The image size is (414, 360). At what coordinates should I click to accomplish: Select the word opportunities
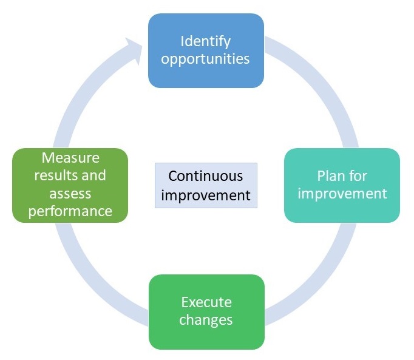coord(205,59)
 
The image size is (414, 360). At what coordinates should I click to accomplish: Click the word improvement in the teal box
coord(342,194)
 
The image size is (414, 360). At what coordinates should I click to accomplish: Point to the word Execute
coord(206,302)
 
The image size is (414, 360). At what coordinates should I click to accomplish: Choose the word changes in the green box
coord(206,320)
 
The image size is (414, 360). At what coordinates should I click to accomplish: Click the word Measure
coord(70,158)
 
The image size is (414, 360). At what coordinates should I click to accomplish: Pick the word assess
coord(70,194)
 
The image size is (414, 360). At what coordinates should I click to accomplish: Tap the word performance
coord(70,211)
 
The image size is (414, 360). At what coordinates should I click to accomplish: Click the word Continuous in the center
coord(206,176)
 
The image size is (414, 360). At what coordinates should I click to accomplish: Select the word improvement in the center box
coord(206,195)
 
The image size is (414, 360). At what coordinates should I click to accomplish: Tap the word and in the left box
coord(93,175)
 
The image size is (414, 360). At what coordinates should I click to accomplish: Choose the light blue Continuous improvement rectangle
coord(206,185)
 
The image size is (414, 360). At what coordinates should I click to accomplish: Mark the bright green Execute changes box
coord(207,312)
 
